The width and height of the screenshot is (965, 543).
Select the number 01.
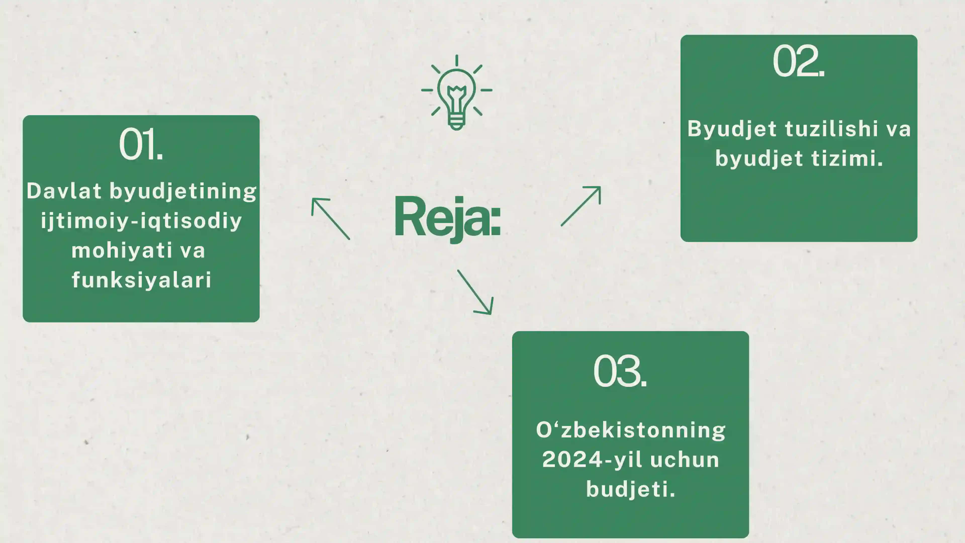click(141, 144)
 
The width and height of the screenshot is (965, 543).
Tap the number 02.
click(799, 61)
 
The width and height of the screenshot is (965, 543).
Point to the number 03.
click(620, 371)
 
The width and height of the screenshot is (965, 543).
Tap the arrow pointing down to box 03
click(475, 292)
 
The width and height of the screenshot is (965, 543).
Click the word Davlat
click(64, 191)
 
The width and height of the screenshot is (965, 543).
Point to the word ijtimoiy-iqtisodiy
click(141, 221)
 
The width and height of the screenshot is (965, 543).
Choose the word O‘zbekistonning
click(631, 430)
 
